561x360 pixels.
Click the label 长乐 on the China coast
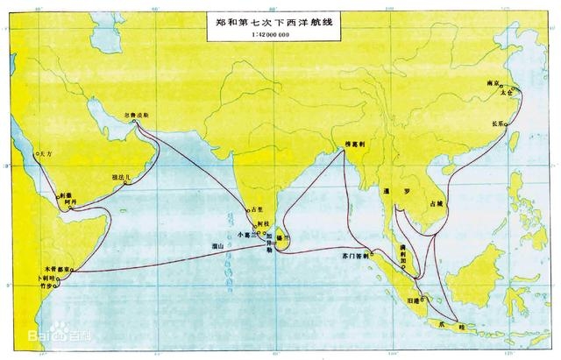click(499, 124)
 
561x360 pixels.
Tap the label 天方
click(46, 153)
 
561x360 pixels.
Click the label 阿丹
click(70, 201)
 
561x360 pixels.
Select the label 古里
click(257, 210)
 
